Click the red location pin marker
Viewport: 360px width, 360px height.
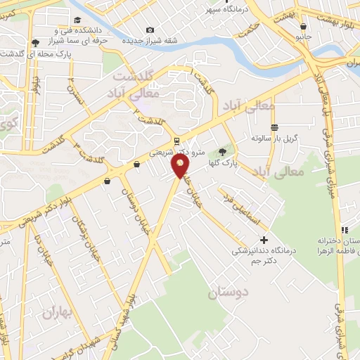coord(181,166)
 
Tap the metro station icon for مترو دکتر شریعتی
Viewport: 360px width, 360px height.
coord(179,140)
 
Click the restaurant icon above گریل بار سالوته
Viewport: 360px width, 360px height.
coord(274,127)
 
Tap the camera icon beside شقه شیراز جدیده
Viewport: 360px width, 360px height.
coord(150,30)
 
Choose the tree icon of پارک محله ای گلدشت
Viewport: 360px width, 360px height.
coord(35,43)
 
